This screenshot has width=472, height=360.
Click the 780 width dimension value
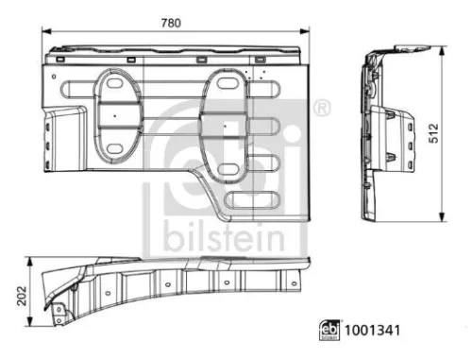click(x=171, y=23)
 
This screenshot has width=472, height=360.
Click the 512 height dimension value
click(x=433, y=133)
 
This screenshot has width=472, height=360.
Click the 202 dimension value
click(x=22, y=296)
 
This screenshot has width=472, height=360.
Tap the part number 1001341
click(x=372, y=331)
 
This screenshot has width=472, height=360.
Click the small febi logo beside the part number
click(x=329, y=330)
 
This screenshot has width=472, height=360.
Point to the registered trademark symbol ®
click(x=322, y=108)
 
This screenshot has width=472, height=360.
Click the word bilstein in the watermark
click(x=224, y=235)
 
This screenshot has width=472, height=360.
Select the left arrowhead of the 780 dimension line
click(x=46, y=31)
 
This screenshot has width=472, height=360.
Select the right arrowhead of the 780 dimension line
click(x=305, y=31)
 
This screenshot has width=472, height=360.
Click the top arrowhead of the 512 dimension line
click(x=442, y=51)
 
